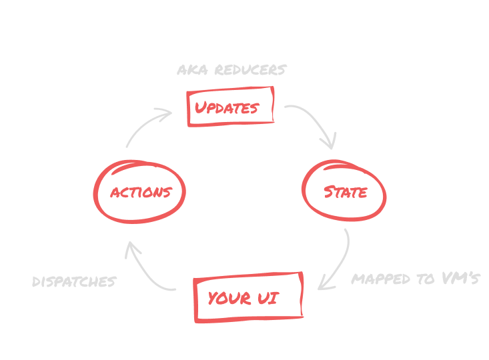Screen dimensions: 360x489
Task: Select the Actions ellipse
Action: tap(140, 192)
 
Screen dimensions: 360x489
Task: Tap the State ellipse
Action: tap(345, 192)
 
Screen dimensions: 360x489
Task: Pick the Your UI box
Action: tap(248, 298)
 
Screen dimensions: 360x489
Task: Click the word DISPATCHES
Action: tap(74, 282)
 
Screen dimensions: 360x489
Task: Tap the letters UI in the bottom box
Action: tap(268, 298)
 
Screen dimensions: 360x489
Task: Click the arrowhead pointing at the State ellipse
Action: tap(330, 141)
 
